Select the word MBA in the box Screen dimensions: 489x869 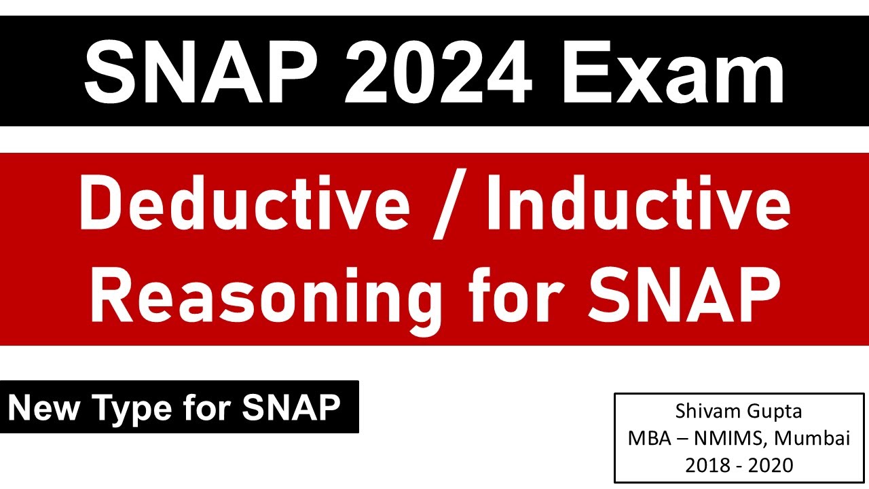(648, 439)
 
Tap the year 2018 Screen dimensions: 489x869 (708, 465)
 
